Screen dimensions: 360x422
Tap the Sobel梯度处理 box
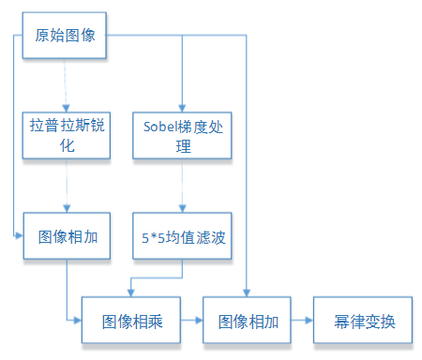[181, 134]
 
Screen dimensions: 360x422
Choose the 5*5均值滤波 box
[181, 235]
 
